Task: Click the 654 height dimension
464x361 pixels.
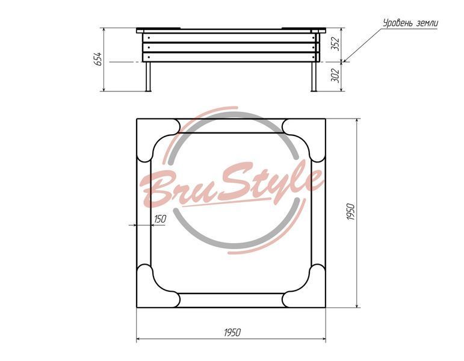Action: click(99, 59)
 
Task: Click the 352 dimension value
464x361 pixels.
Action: click(336, 44)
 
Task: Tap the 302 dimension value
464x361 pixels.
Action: click(336, 75)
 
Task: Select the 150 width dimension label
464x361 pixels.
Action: click(160, 219)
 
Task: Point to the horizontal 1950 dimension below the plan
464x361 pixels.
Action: click(232, 333)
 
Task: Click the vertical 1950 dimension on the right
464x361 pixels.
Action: click(351, 211)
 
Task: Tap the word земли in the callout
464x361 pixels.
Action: click(427, 23)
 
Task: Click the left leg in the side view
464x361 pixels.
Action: click(148, 76)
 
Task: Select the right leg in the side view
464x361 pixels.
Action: click(314, 76)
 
